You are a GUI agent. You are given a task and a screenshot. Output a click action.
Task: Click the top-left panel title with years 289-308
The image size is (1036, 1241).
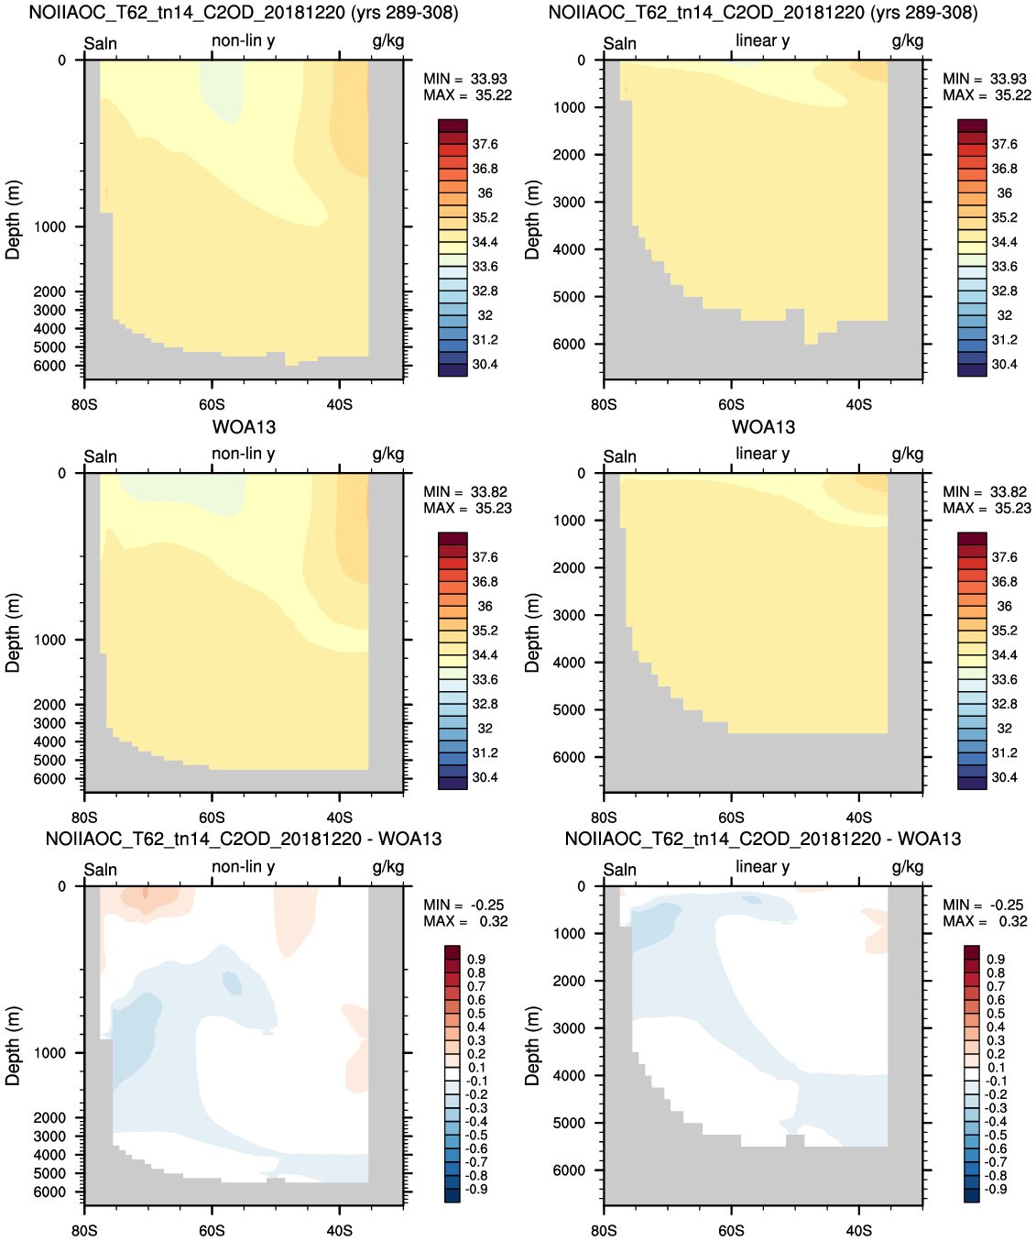244,13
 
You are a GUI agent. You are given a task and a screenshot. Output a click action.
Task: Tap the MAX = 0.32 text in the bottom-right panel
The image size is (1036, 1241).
983,921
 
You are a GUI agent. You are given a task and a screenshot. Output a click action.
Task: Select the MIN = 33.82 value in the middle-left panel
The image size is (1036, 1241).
465,492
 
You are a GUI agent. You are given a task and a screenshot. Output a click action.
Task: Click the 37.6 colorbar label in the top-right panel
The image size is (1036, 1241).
1004,145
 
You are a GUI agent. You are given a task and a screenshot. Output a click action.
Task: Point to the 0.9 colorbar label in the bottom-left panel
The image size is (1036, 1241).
476,960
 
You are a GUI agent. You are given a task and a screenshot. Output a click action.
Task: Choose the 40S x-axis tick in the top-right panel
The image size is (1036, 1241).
859,405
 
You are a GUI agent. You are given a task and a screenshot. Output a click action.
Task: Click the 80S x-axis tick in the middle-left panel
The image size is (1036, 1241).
84,818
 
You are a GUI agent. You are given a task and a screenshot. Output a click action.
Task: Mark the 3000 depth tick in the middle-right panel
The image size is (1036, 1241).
569,615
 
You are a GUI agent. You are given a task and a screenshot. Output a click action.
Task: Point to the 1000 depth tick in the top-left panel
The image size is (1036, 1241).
49,227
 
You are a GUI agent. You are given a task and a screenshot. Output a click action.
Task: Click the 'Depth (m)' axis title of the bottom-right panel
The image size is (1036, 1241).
532,1046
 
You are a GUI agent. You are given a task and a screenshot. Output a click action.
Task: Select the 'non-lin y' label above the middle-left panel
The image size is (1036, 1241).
243,454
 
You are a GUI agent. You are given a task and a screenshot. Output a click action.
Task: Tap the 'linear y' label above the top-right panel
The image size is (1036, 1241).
763,40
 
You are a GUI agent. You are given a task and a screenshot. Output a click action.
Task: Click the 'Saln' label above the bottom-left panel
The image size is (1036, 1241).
101,870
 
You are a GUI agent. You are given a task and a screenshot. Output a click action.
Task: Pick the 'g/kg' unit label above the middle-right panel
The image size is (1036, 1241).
908,455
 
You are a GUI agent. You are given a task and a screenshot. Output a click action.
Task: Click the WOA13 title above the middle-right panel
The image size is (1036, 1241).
763,427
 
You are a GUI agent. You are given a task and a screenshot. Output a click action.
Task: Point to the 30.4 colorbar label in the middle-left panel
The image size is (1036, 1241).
485,777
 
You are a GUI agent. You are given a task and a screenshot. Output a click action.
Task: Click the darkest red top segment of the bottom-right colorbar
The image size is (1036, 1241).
971,951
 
